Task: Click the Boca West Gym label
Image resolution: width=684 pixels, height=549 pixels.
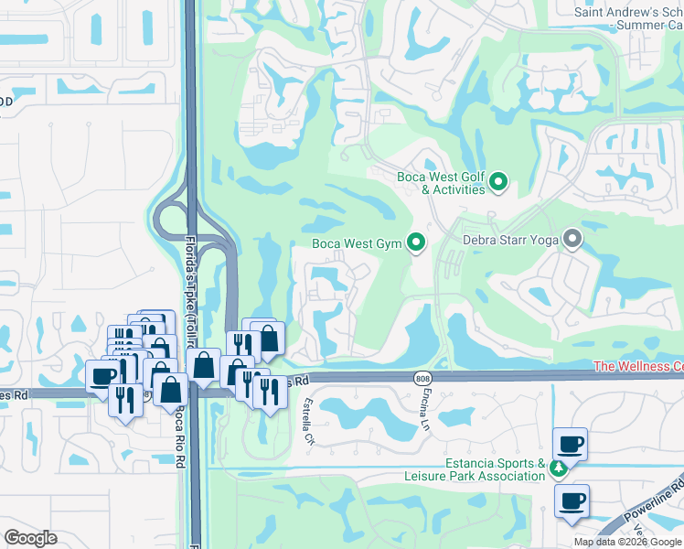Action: point(357,243)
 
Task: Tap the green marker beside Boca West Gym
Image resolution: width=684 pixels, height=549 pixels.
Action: point(416,243)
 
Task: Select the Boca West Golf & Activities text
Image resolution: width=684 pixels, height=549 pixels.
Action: point(441,183)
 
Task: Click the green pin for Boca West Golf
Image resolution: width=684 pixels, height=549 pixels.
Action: point(498,183)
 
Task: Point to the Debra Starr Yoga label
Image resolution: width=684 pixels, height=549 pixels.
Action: point(508,240)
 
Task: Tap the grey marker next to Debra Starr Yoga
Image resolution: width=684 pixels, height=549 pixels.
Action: point(573,240)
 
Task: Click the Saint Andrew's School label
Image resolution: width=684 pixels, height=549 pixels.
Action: point(628,17)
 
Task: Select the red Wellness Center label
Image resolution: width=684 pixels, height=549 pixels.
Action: point(638,366)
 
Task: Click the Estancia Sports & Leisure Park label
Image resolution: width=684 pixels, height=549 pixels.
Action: point(475,469)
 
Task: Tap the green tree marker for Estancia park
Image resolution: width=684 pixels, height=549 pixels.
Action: point(559,469)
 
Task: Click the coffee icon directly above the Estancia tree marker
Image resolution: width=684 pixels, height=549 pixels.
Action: point(570,445)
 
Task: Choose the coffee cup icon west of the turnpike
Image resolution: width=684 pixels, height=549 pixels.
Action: point(102,375)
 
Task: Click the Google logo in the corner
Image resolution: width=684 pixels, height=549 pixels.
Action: point(31,538)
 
